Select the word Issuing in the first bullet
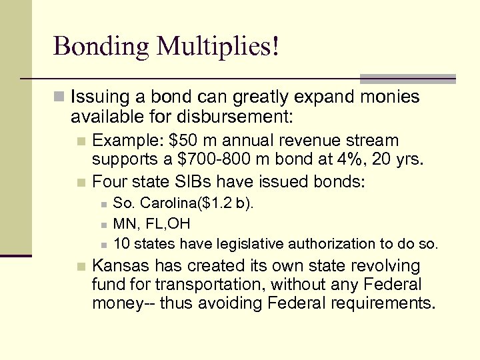click(97, 98)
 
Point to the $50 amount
click(181, 141)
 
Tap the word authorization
click(315, 243)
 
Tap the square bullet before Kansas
click(81, 267)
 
